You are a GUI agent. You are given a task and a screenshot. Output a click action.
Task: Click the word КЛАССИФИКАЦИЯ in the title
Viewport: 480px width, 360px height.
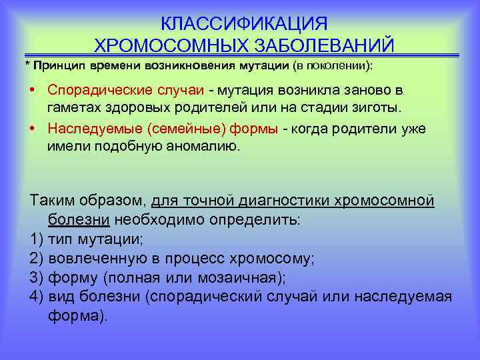pyautogui.click(x=244, y=24)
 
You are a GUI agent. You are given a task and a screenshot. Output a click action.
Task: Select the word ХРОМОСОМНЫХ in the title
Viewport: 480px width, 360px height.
pyautogui.click(x=169, y=45)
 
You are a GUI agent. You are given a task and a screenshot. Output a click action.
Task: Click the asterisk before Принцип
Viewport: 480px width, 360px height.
pyautogui.click(x=27, y=67)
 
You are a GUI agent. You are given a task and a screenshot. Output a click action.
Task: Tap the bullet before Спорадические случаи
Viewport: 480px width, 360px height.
pyautogui.click(x=33, y=90)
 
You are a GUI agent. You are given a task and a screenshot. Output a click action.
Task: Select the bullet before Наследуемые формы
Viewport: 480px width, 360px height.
pyautogui.click(x=33, y=129)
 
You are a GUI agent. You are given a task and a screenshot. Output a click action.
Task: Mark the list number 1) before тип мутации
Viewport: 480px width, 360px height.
pyautogui.click(x=37, y=239)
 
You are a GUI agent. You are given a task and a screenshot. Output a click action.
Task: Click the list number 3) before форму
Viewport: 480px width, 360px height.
pyautogui.click(x=37, y=277)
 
